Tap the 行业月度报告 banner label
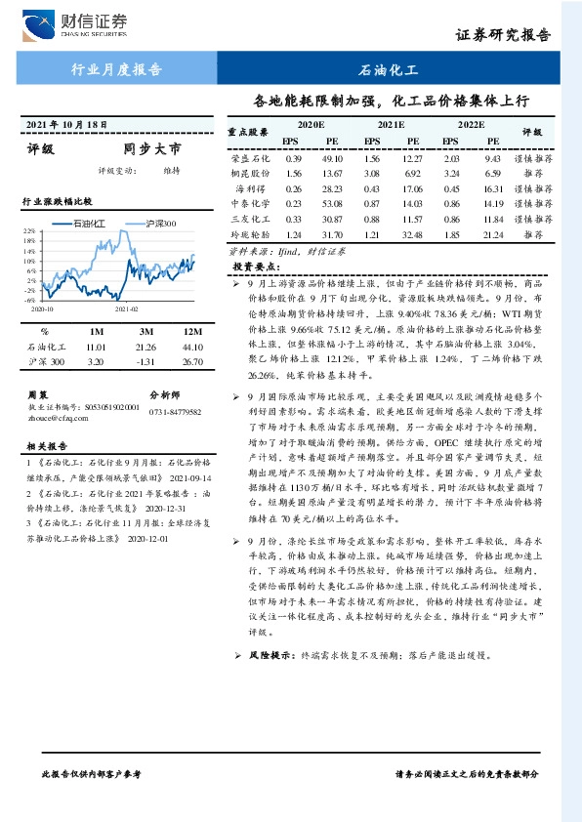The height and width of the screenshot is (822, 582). (116, 70)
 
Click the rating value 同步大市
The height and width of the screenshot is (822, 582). (151, 150)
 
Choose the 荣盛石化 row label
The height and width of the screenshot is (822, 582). (250, 158)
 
